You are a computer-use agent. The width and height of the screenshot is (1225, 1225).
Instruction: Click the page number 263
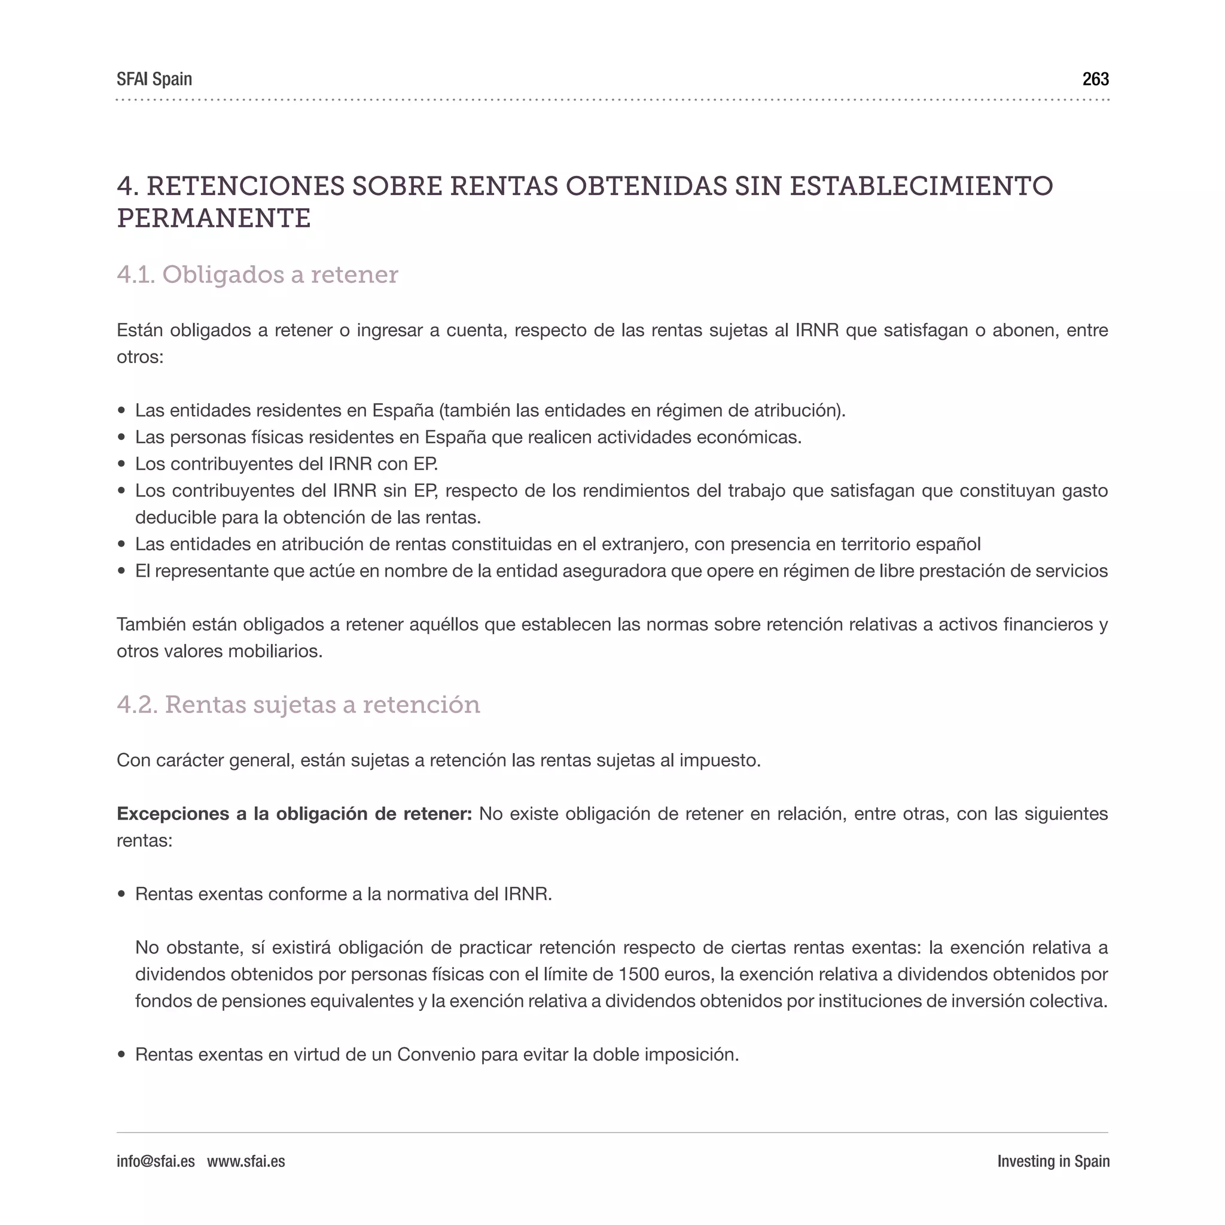click(1095, 80)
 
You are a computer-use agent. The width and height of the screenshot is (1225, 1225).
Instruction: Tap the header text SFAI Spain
click(154, 80)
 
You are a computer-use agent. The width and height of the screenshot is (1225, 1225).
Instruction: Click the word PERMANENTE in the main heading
click(214, 219)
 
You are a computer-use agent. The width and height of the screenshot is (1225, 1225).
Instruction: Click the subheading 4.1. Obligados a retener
click(257, 275)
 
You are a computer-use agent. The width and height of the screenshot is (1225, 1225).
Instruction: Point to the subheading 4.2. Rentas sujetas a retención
click(298, 705)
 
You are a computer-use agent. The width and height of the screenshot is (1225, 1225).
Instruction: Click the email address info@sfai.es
click(156, 1161)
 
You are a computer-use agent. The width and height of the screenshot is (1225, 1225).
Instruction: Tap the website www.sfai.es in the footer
click(246, 1161)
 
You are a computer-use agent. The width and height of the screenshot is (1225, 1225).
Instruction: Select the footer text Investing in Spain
click(1053, 1161)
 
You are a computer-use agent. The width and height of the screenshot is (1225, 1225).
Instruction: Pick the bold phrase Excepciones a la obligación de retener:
click(294, 813)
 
